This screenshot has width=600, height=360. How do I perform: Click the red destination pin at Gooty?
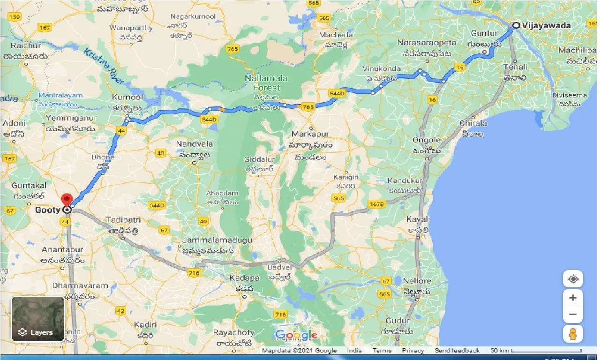[x=67, y=199]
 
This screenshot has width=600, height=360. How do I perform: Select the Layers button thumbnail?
[x=38, y=319]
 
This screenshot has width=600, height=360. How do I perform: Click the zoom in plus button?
[x=573, y=298]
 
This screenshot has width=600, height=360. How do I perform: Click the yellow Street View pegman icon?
[x=573, y=334]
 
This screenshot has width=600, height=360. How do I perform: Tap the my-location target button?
[x=573, y=279]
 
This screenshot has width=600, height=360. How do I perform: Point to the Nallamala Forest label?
[x=263, y=83]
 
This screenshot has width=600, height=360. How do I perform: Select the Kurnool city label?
[x=127, y=97]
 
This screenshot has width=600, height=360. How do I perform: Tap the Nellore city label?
[x=417, y=281]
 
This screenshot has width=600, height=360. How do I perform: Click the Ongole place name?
[x=427, y=140]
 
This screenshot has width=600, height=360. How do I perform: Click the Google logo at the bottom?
[x=296, y=335]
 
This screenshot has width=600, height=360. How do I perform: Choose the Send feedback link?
[x=457, y=351]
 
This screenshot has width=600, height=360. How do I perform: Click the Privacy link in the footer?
[x=413, y=351]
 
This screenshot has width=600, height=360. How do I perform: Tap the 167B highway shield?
[x=376, y=204]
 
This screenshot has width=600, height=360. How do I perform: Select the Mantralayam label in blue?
[x=60, y=96]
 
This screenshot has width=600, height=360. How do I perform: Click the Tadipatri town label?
[x=124, y=219]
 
